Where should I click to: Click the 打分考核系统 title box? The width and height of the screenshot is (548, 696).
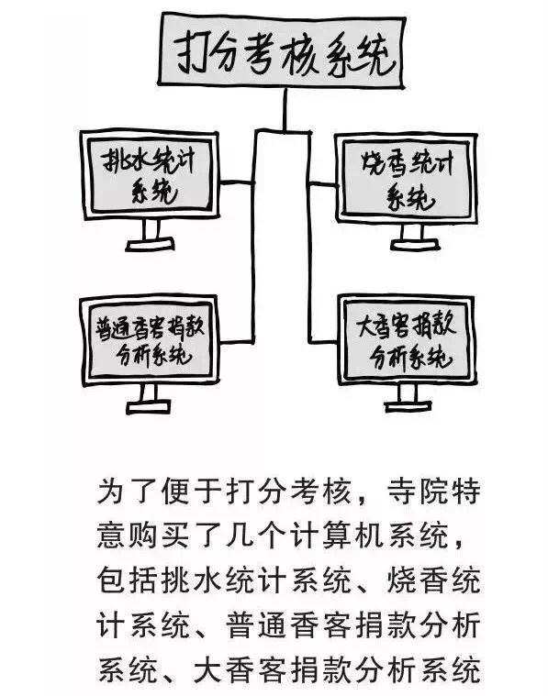coord(282,50)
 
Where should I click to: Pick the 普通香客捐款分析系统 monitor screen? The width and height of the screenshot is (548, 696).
coord(150,340)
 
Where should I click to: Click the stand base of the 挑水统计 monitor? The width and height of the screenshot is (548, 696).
coord(150,245)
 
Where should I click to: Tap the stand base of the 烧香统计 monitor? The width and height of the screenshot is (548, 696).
coord(415,245)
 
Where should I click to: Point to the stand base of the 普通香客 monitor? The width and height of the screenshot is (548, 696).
coord(149,407)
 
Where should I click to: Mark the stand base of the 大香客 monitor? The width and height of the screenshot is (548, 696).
coord(408,405)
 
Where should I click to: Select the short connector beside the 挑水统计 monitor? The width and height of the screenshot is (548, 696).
coord(237,182)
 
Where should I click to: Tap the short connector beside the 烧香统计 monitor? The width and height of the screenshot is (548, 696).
coord(323,183)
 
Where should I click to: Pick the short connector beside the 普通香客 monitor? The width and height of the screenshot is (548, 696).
coord(237,342)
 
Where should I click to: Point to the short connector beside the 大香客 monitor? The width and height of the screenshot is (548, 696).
coord(324,342)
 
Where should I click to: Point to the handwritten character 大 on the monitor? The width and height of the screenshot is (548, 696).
coord(368,326)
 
